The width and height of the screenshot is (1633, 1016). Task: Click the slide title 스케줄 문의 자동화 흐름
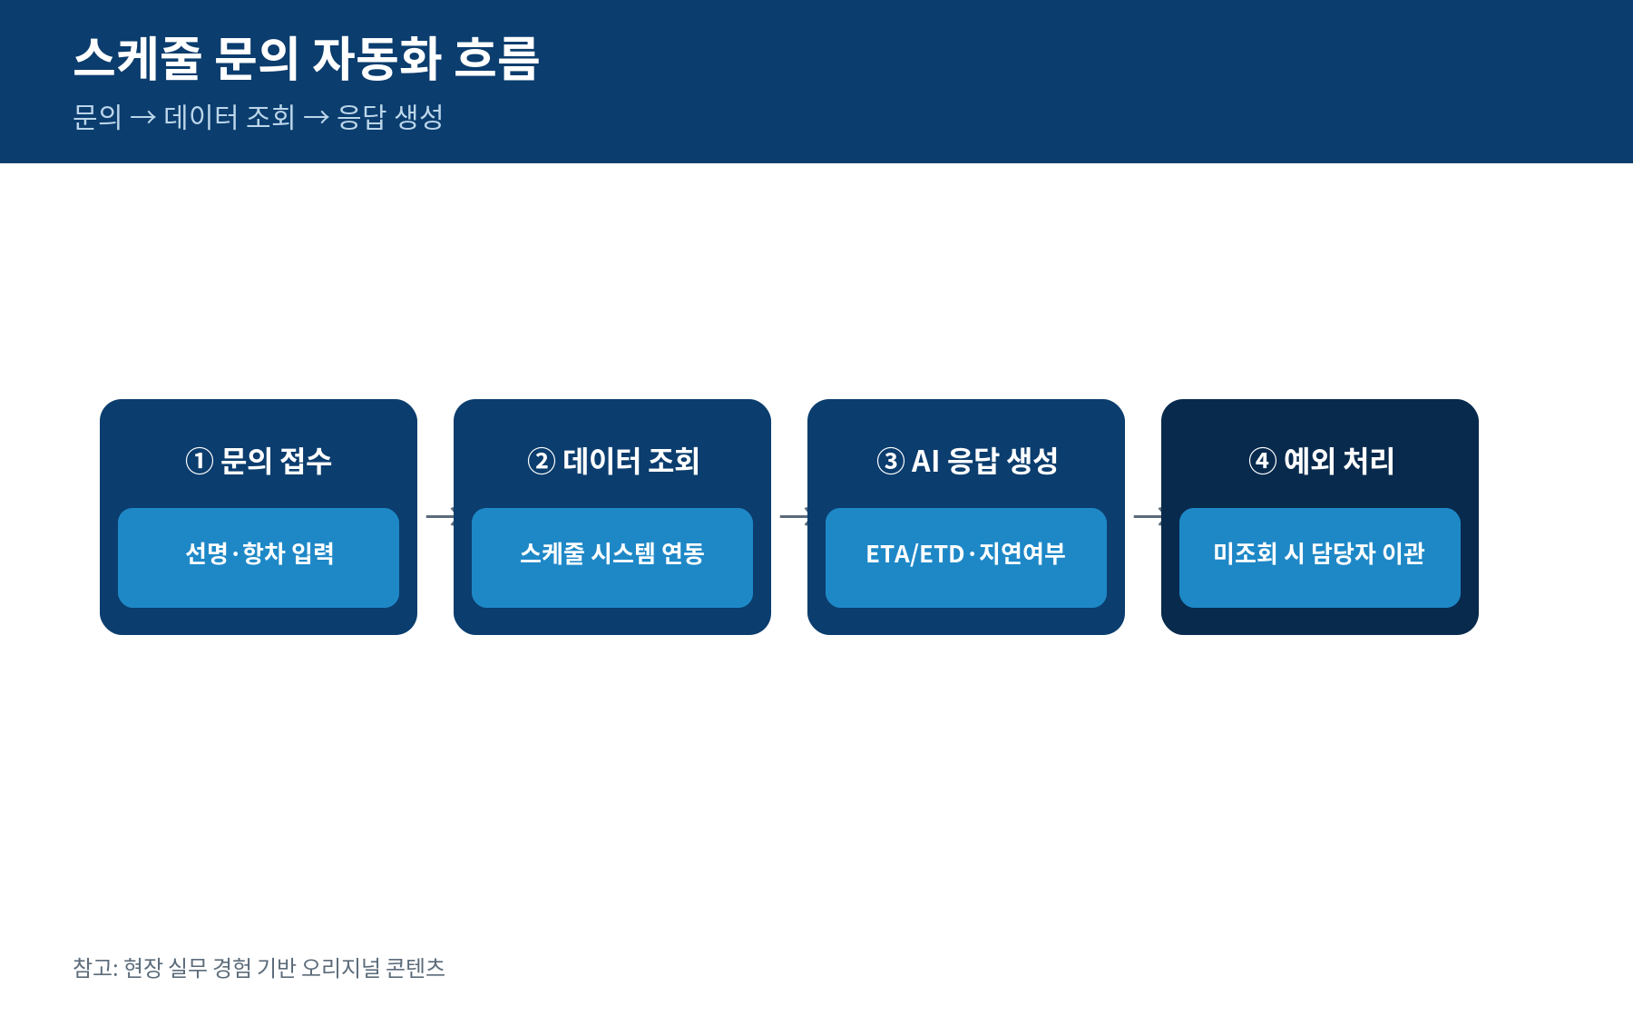[307, 58]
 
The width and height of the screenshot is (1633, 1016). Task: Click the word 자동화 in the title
[376, 58]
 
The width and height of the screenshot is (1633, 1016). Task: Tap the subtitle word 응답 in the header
[361, 117]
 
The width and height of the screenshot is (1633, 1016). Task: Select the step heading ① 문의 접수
[259, 461]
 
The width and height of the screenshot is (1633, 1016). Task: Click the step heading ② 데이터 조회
[612, 461]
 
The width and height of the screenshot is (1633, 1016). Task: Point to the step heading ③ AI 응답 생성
[966, 461]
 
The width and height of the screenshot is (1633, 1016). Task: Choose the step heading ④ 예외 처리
[1320, 461]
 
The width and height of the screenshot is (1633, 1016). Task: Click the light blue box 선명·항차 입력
[259, 558]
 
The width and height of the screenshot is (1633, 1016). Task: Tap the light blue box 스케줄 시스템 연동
[612, 558]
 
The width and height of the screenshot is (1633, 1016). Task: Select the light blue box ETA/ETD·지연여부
[966, 558]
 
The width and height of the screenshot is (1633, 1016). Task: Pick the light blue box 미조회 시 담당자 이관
[1320, 558]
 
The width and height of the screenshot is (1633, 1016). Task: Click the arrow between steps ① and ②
[440, 517]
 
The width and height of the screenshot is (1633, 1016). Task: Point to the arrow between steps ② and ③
[794, 517]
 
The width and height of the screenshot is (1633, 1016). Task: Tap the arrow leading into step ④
[1148, 517]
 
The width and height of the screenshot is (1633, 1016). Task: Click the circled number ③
[890, 461]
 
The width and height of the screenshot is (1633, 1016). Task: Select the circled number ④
[1262, 461]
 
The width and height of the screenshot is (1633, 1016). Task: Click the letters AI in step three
[925, 462]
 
